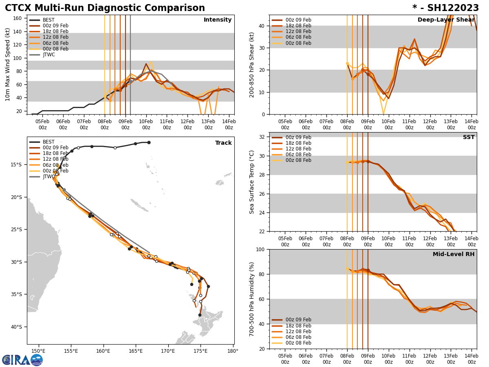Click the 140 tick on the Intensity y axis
click(18, 31)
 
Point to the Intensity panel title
click(217, 20)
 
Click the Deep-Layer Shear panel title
click(446, 20)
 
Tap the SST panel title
click(469, 137)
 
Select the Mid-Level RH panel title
click(454, 254)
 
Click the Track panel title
click(223, 143)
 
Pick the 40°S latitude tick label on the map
click(16, 327)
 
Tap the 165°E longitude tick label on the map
click(135, 351)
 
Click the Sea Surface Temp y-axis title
click(252, 182)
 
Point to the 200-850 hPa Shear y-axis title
click(252, 65)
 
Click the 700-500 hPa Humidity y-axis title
click(252, 299)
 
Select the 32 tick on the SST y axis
click(262, 137)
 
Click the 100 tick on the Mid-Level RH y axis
click(261, 249)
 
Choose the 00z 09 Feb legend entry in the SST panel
click(298, 137)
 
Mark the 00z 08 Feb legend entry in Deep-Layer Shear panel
click(298, 43)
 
